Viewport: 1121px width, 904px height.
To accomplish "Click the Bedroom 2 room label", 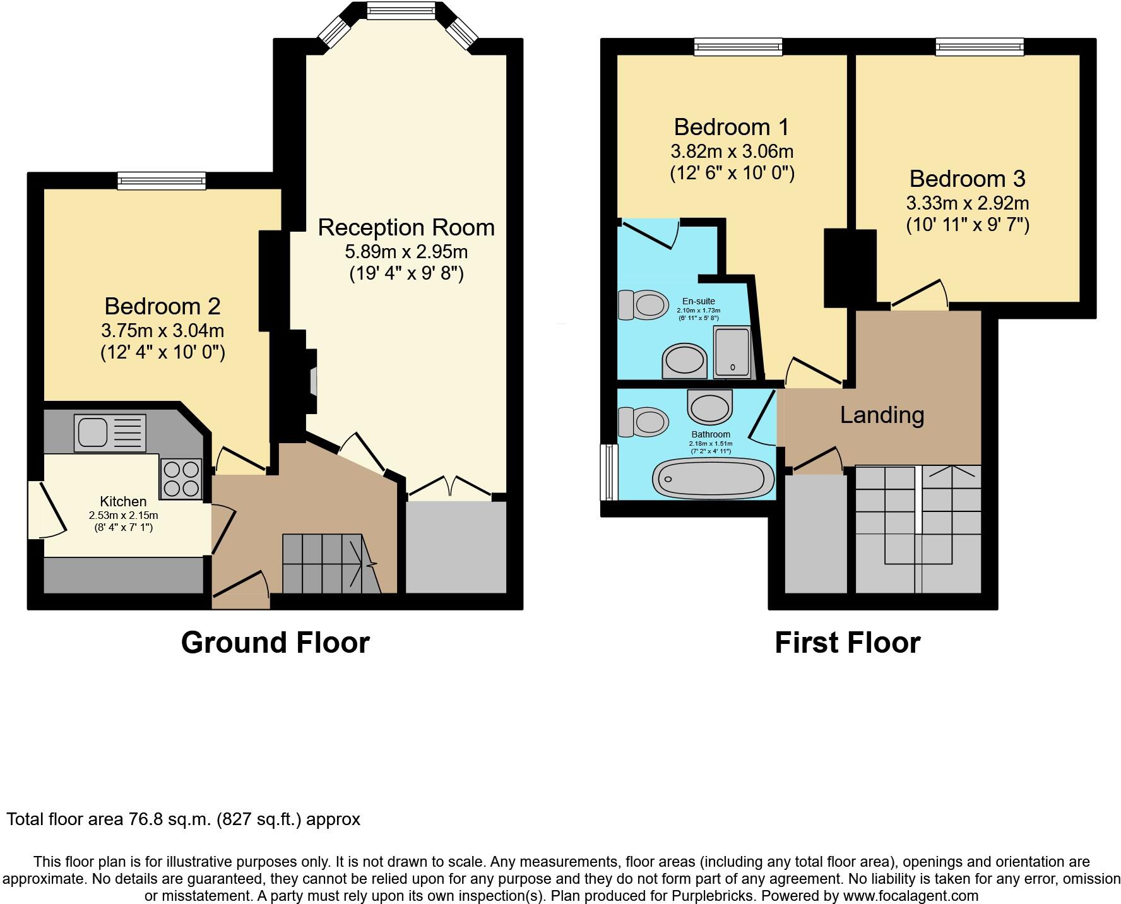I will click(162, 306).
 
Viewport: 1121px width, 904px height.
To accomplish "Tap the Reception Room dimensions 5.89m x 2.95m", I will click(406, 252).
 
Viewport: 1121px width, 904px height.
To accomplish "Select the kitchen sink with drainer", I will click(110, 432).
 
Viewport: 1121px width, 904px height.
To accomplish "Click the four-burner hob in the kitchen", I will click(181, 479).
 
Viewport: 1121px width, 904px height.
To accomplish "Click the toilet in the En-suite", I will click(643, 305).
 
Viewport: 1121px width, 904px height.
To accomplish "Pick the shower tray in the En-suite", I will click(732, 352).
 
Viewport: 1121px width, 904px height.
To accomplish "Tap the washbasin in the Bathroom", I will click(710, 407).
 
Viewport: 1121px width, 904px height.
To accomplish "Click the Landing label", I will click(882, 415).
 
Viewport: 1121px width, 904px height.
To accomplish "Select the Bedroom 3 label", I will click(967, 179).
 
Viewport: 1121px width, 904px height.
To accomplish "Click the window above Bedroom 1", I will click(738, 47).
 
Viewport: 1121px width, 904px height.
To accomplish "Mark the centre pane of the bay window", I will click(401, 10).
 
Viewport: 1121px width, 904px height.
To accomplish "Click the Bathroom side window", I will click(609, 472).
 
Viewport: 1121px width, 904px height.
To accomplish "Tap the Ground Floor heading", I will click(275, 643).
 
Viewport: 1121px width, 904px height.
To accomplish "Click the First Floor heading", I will click(847, 643).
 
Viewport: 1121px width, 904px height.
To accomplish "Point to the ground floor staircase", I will click(328, 563).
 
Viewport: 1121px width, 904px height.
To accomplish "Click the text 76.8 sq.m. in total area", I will click(170, 819).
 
